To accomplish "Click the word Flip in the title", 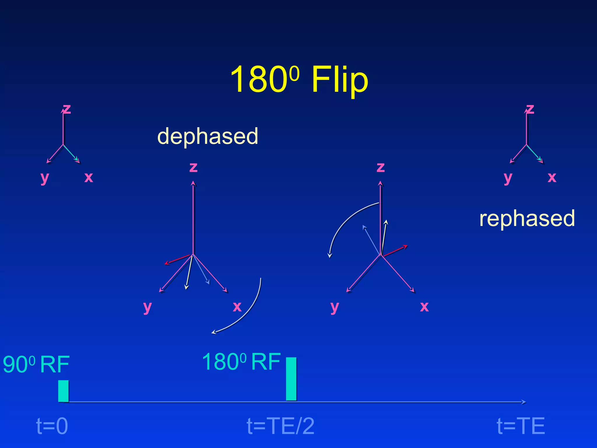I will pos(340,80).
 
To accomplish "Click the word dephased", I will pos(208,136).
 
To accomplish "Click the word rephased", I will pos(527,218).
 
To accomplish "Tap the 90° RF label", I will pos(36,364).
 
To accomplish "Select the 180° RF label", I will pos(241,362).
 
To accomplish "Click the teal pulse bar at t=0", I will pos(63,391).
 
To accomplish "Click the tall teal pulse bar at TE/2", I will pos(291,379).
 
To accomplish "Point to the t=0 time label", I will pos(52,426).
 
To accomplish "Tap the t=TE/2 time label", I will pos(280,426).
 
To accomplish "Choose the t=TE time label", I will pos(521,426).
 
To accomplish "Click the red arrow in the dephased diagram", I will pos(177,259).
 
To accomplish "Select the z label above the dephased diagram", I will pos(193,167).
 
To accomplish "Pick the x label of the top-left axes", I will pos(89,177).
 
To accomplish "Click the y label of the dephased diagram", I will pos(148,307).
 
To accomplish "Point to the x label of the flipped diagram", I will pos(424,306).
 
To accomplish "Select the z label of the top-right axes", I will pos(530,109).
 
